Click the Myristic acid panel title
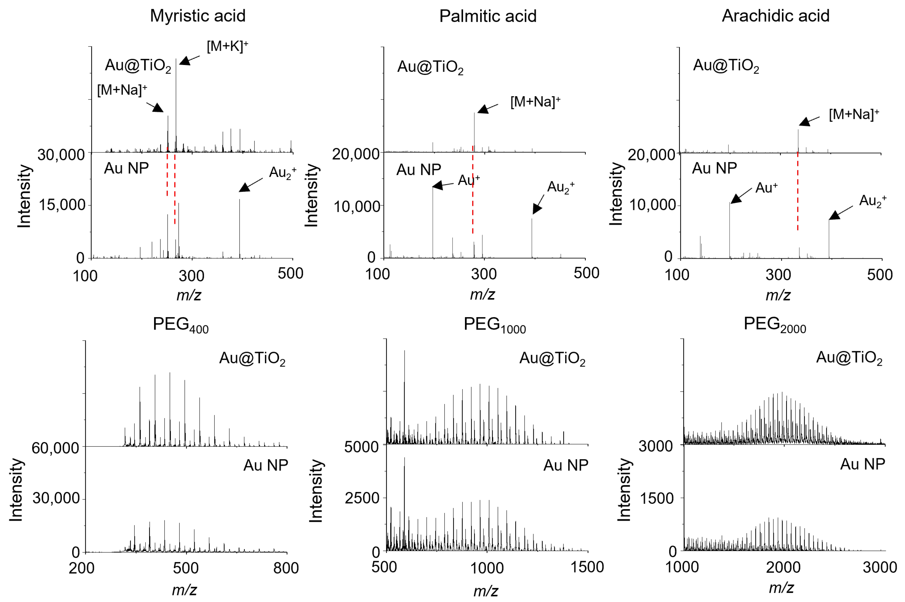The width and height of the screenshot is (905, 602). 197,16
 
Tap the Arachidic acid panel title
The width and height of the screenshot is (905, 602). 775,16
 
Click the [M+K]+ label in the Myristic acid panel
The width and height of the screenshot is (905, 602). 227,46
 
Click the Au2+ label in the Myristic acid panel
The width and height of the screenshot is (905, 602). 282,173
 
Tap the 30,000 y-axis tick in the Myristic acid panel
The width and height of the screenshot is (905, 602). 61,155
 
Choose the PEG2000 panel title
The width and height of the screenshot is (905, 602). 774,324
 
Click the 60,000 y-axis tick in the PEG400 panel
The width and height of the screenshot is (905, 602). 55,448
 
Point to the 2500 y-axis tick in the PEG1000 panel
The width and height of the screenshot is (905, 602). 362,498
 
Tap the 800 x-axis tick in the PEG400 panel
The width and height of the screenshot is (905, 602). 286,568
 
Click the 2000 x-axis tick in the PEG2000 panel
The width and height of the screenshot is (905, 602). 783,567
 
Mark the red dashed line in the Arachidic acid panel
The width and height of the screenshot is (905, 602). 797,192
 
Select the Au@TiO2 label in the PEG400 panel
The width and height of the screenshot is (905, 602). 252,359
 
